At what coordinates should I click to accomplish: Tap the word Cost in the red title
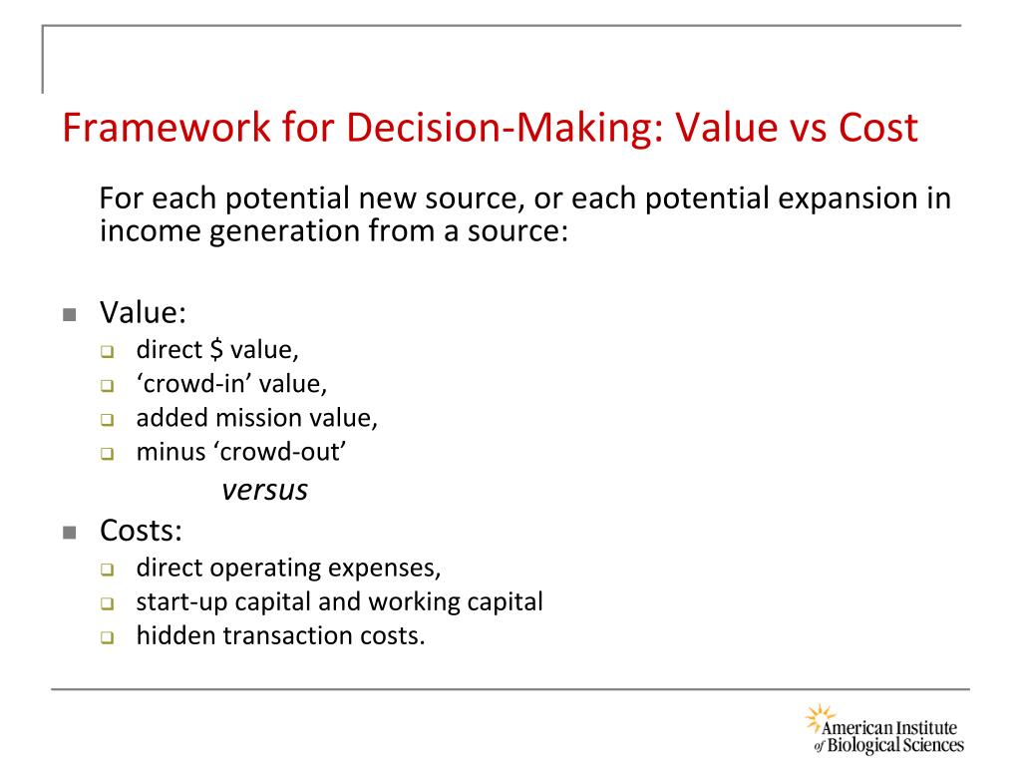click(877, 131)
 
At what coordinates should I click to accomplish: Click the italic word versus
click(264, 490)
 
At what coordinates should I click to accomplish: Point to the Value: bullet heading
click(143, 313)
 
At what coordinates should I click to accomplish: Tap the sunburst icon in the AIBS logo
click(818, 717)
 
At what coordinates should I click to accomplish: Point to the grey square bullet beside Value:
click(69, 315)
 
